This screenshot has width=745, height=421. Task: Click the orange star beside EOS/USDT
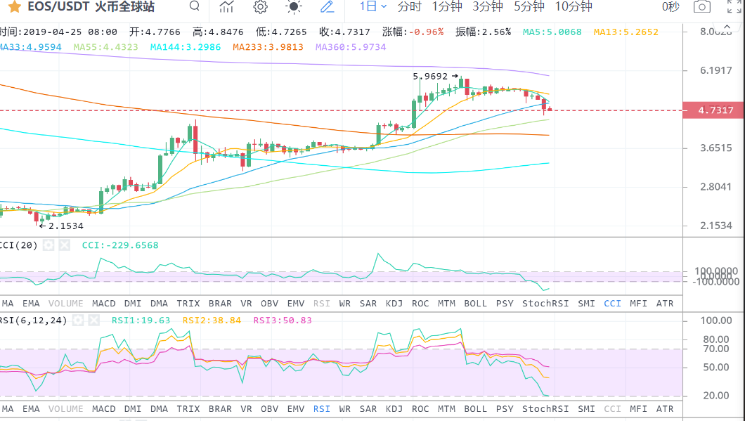(x=14, y=8)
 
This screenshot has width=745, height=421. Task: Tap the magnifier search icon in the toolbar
(x=195, y=7)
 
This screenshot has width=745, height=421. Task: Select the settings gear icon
(x=260, y=7)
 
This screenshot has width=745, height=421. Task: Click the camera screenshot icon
(x=701, y=7)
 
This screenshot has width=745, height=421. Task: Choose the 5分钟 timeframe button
(x=529, y=7)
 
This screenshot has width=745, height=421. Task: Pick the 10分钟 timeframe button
(x=574, y=7)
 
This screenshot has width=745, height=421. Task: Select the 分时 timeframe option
(x=409, y=7)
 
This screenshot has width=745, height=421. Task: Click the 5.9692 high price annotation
(x=430, y=76)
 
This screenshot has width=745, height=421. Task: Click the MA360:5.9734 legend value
(x=351, y=47)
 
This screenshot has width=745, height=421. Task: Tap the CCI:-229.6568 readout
(x=120, y=245)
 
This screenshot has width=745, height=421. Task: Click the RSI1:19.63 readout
(x=141, y=320)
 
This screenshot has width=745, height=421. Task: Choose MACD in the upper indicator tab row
(x=104, y=303)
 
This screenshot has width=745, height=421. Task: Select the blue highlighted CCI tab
(x=612, y=303)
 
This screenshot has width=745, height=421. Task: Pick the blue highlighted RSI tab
(x=321, y=408)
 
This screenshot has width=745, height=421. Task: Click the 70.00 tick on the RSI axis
(x=716, y=349)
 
